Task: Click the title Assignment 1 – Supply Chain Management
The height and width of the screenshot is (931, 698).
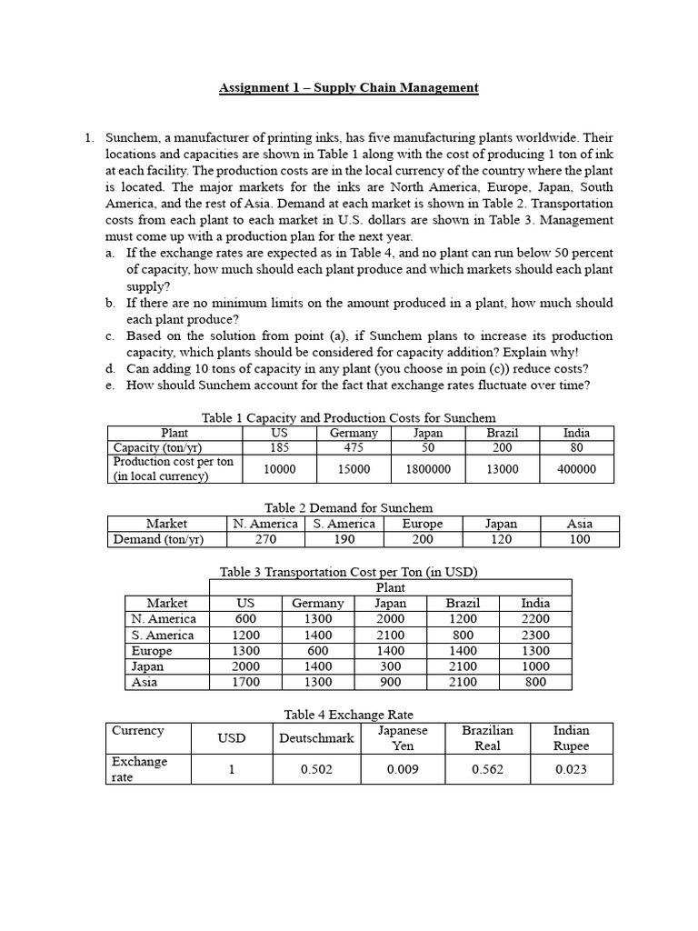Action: tap(348, 87)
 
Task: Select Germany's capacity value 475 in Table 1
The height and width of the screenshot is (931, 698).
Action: tap(354, 447)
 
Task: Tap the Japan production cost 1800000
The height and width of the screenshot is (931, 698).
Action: tap(428, 469)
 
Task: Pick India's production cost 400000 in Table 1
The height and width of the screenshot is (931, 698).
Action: tap(576, 469)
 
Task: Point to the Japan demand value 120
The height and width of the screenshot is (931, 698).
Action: tap(501, 539)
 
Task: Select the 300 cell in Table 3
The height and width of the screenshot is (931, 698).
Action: tap(390, 666)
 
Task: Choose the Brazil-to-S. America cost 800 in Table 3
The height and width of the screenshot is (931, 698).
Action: tap(462, 635)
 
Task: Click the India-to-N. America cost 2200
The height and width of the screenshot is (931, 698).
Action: tap(535, 619)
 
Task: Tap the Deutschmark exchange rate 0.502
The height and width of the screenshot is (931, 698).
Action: tap(317, 769)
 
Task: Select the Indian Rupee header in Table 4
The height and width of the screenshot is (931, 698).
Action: tap(571, 737)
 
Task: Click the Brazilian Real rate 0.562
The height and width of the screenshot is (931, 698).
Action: tap(488, 769)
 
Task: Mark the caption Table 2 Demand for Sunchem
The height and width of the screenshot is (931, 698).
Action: tap(348, 507)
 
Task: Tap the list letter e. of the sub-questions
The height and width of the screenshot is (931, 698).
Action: tap(109, 385)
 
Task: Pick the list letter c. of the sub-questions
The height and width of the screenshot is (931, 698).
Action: tap(109, 335)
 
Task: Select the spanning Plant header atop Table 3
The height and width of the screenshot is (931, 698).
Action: tap(391, 587)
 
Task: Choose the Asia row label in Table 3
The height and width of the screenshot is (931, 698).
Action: tap(145, 682)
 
